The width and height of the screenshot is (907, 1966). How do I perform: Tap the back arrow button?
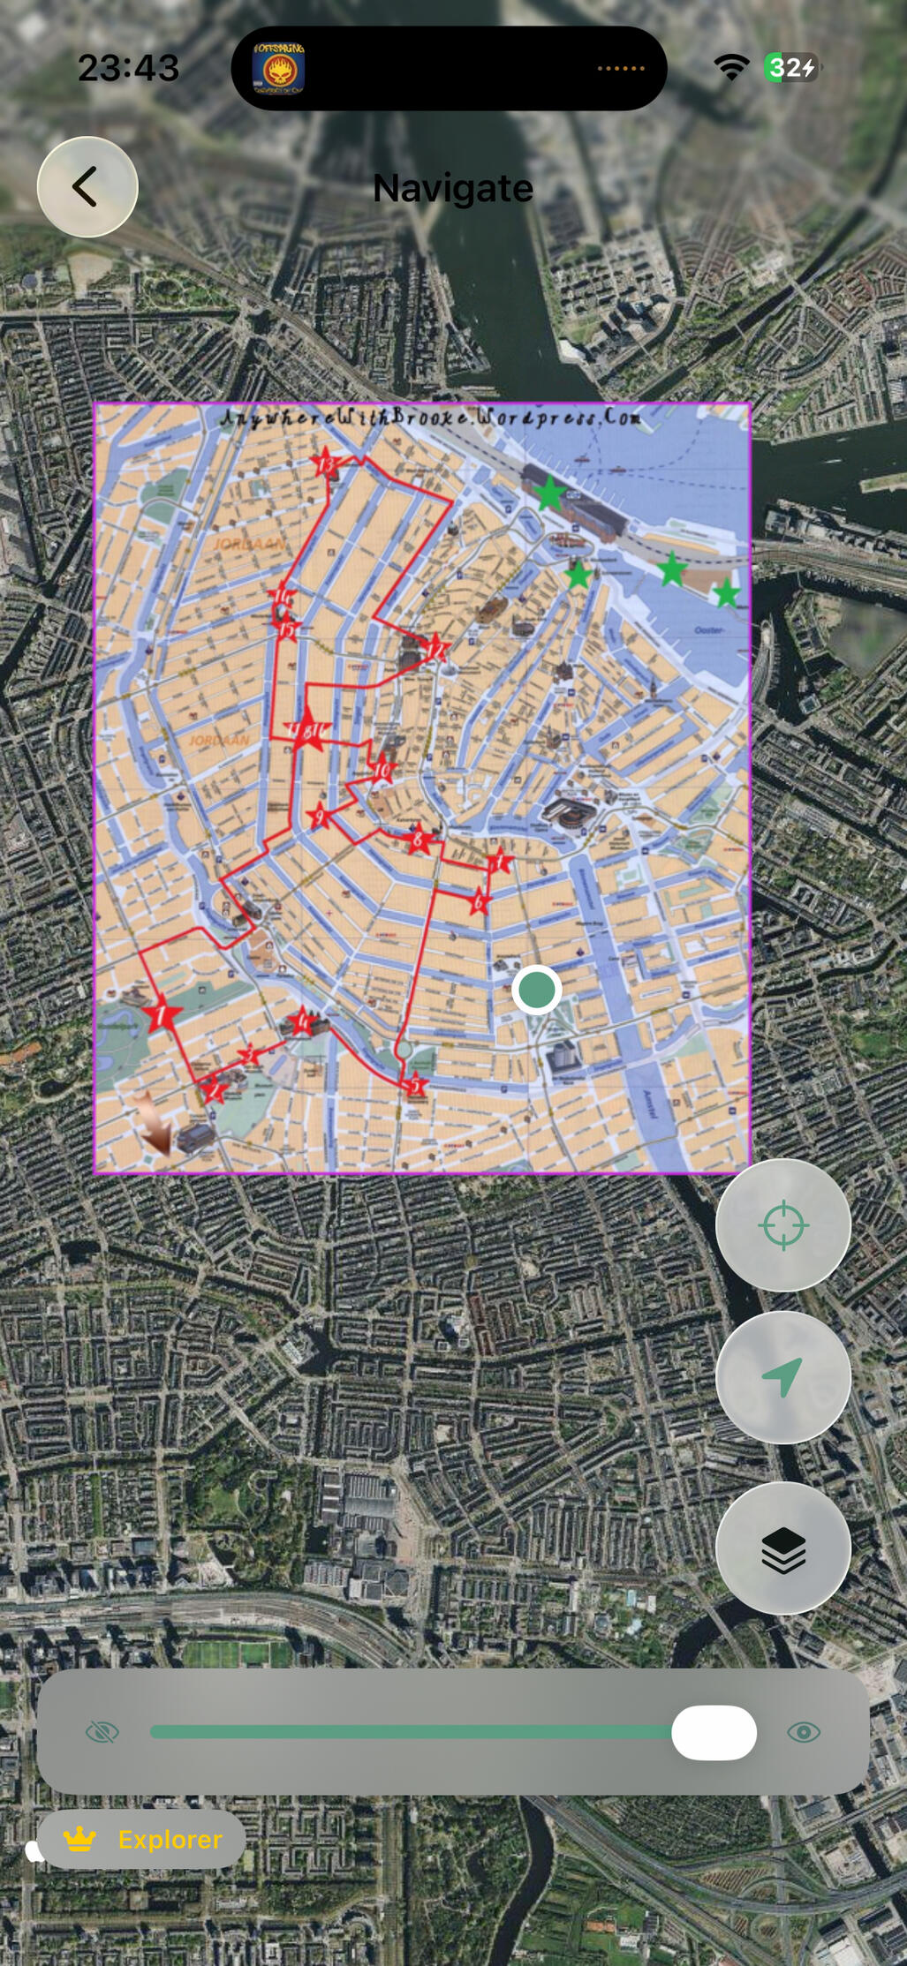pyautogui.click(x=87, y=187)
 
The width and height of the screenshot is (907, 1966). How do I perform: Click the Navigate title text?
pyautogui.click(x=452, y=188)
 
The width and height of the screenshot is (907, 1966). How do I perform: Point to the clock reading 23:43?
pyautogui.click(x=128, y=68)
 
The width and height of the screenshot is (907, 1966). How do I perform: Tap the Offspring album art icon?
pyautogui.click(x=279, y=68)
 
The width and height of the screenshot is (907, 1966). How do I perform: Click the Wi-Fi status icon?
pyautogui.click(x=730, y=67)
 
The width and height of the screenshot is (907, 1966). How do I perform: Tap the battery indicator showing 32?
pyautogui.click(x=791, y=68)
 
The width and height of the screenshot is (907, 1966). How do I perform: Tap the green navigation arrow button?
pyautogui.click(x=782, y=1377)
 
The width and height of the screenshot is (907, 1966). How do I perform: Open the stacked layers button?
pyautogui.click(x=782, y=1548)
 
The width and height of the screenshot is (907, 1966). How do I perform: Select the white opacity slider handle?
pyautogui.click(x=714, y=1733)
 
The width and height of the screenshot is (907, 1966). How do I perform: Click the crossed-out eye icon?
pyautogui.click(x=102, y=1733)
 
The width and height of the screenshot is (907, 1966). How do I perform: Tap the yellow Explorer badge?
pyautogui.click(x=141, y=1840)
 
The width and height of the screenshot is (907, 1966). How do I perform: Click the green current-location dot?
pyautogui.click(x=536, y=990)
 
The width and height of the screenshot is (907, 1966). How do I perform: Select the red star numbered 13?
pyautogui.click(x=326, y=463)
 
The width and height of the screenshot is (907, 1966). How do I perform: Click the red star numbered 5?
pyautogui.click(x=415, y=1085)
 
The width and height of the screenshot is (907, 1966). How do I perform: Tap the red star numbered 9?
pyautogui.click(x=319, y=817)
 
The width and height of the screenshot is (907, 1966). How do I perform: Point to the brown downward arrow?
pyautogui.click(x=155, y=1124)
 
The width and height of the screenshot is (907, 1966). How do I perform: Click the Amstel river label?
pyautogui.click(x=650, y=1104)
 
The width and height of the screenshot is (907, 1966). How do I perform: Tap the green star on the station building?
pyautogui.click(x=549, y=493)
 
